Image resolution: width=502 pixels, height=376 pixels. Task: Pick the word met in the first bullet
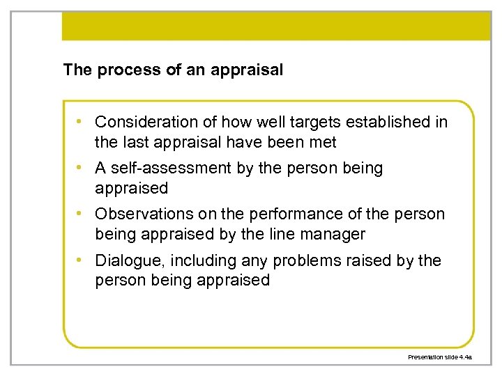[324, 142]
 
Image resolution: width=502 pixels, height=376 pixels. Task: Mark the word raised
[372, 260]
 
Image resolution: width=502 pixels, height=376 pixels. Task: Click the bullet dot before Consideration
[82, 122]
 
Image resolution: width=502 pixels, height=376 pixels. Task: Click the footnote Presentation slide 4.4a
[440, 357]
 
